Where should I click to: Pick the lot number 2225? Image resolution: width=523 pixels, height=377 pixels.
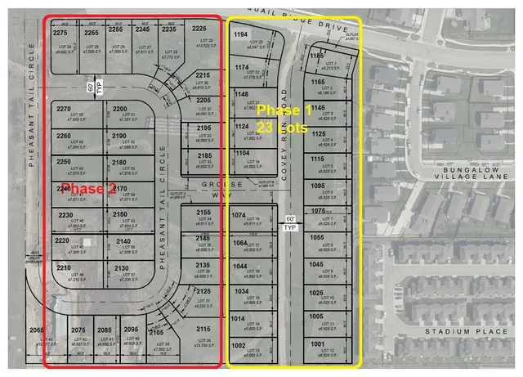tap(199, 29)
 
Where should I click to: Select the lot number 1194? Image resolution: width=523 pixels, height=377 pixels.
tap(241, 35)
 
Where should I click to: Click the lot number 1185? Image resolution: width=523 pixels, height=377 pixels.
tap(318, 56)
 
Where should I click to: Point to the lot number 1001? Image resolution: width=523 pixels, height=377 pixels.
tap(318, 344)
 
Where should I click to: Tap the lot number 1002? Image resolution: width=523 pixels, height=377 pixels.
tap(239, 346)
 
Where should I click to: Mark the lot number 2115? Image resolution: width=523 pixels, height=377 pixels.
tap(203, 329)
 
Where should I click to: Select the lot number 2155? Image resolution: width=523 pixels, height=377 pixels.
tap(203, 213)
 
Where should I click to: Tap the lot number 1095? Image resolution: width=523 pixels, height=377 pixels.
tap(318, 186)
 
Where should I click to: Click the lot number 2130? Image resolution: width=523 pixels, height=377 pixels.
tap(121, 268)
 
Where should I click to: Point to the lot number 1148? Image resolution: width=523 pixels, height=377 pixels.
tap(241, 95)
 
